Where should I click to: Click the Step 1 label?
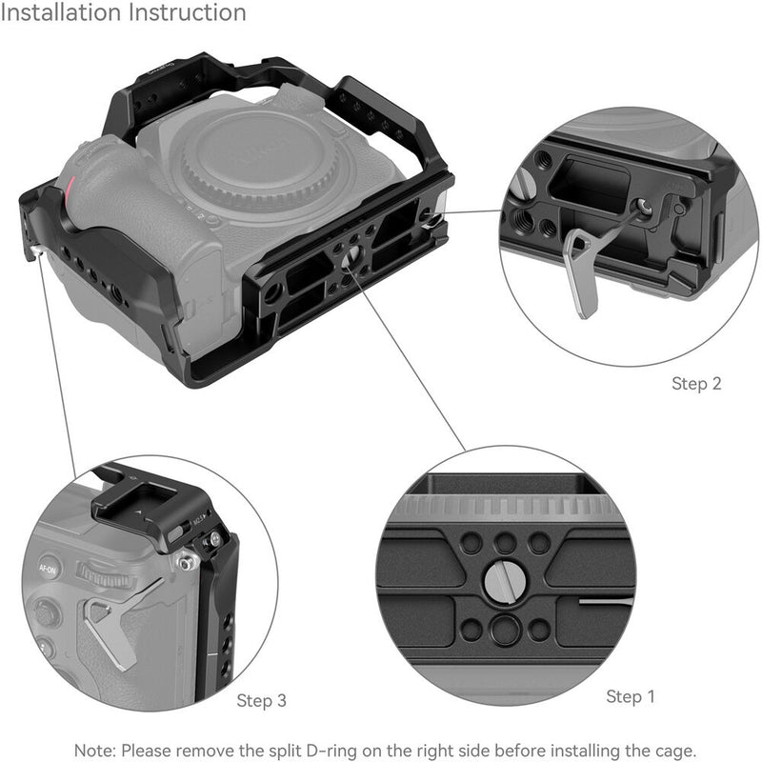click(x=631, y=696)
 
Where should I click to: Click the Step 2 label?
click(x=696, y=384)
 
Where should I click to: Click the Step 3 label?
click(x=261, y=701)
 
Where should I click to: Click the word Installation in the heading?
click(x=63, y=13)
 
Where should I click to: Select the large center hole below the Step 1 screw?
click(x=505, y=629)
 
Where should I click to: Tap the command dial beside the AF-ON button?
click(x=100, y=574)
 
